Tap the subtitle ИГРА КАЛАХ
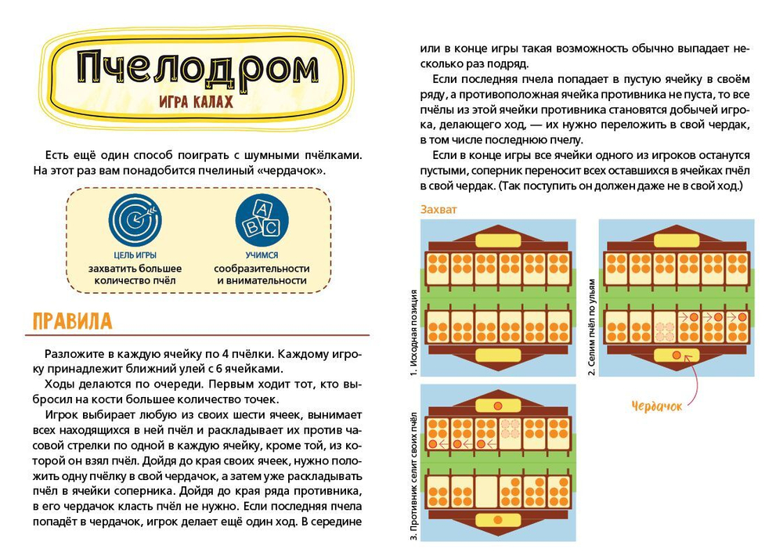click(x=195, y=103)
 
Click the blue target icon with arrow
click(x=135, y=221)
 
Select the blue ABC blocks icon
click(x=262, y=221)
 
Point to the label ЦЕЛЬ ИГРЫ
click(x=135, y=255)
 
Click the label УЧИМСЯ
click(x=262, y=255)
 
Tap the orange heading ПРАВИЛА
click(x=72, y=321)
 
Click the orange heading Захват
click(x=438, y=210)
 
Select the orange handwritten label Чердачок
click(x=656, y=406)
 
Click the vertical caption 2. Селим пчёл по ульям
click(x=592, y=327)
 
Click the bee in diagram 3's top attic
click(x=497, y=406)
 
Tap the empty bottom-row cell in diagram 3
click(x=486, y=491)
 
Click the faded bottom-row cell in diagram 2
click(x=664, y=325)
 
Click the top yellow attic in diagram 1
click(x=497, y=240)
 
